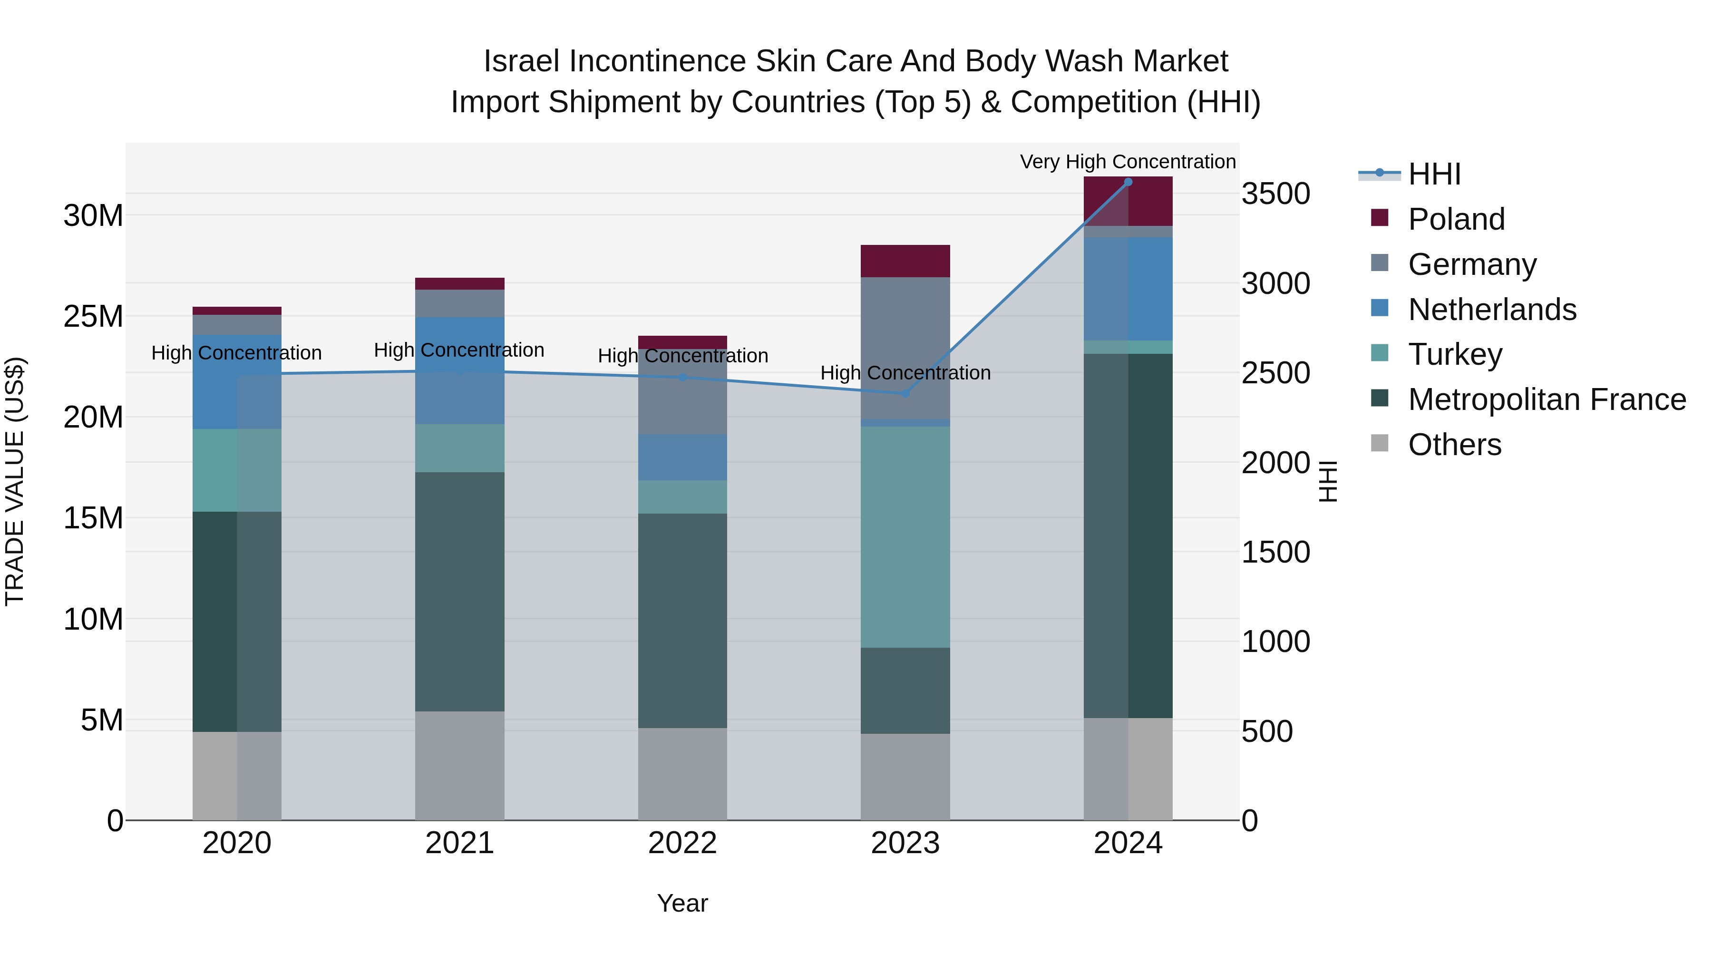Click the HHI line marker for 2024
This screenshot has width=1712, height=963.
[x=1128, y=182]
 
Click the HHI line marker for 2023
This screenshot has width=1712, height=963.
[x=905, y=393]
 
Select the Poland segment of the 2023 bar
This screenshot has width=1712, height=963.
[x=905, y=261]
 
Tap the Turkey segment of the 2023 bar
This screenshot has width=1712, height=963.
[x=905, y=537]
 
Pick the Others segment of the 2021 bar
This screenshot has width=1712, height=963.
[x=459, y=766]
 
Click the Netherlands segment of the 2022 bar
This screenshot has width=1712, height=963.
[x=682, y=457]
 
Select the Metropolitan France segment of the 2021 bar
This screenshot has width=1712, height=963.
[x=459, y=592]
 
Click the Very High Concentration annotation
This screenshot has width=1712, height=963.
[x=1128, y=162]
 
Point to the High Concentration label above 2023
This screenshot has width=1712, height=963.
[x=905, y=373]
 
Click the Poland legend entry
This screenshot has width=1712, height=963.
[x=1456, y=219]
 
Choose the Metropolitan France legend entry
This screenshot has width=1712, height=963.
[x=1547, y=399]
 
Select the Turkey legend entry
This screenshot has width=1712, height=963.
[x=1454, y=354]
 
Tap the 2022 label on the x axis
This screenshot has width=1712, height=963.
[x=682, y=843]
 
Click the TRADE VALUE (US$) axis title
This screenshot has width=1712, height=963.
[x=15, y=481]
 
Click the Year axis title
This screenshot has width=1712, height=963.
[x=682, y=903]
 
